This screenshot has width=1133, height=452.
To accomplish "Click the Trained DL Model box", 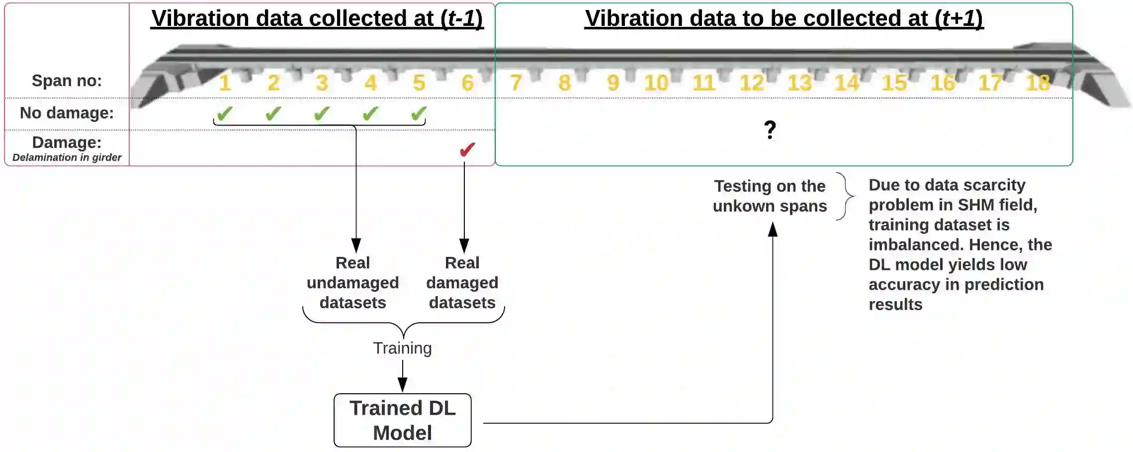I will [402, 420].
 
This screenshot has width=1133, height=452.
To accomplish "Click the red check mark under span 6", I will [467, 149].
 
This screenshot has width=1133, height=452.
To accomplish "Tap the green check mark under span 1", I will [225, 114].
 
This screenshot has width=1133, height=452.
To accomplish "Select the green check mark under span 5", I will [419, 114].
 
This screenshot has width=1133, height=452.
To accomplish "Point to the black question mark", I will [770, 130].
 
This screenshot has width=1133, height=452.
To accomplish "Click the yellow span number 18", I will [1038, 83].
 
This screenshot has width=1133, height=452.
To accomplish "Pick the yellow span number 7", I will [516, 83].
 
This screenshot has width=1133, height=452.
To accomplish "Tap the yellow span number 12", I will [751, 83].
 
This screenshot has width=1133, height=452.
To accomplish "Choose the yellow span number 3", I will [322, 83].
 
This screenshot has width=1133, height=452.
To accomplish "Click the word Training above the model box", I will [402, 348].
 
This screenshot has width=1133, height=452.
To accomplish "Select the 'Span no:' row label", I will [67, 80].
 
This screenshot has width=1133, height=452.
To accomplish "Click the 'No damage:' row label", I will [67, 113].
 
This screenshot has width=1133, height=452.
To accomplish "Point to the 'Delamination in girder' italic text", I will [67, 157].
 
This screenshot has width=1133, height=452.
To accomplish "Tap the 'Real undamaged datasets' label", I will [352, 282].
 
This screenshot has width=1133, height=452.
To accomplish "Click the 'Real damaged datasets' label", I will [462, 282].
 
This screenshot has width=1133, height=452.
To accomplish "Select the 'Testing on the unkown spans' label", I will [770, 196].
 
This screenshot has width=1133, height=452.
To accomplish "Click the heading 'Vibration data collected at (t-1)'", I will [317, 18].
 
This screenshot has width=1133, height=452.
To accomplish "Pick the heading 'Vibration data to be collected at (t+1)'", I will [784, 18].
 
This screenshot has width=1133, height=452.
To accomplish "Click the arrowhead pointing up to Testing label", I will [773, 229].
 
